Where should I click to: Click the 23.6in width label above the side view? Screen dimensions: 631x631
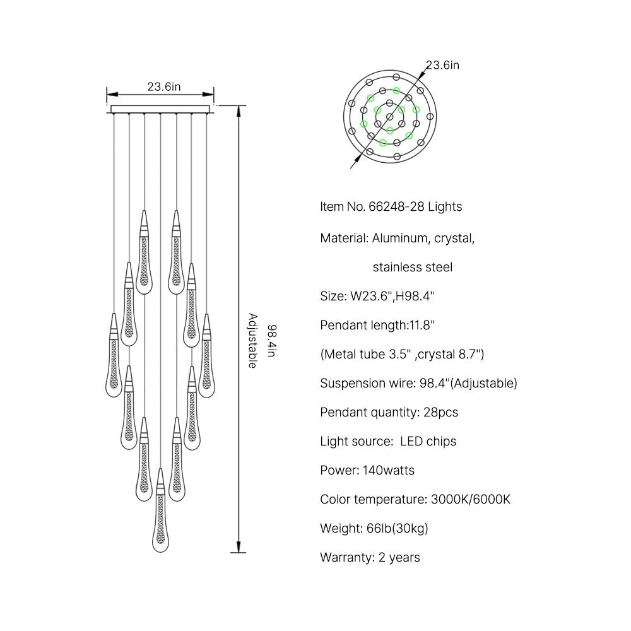click(164, 86)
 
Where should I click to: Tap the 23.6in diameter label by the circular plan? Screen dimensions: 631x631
click(443, 65)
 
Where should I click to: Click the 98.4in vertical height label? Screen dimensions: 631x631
click(272, 341)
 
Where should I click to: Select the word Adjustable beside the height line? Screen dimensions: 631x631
click(252, 341)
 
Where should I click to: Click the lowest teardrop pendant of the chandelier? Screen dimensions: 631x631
click(160, 510)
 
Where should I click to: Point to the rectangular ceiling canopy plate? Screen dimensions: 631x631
click(160, 109)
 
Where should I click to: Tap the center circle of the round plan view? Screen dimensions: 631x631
click(389, 117)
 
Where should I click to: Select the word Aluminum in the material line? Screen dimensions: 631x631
click(399, 239)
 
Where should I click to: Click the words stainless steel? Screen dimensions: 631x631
click(413, 267)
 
